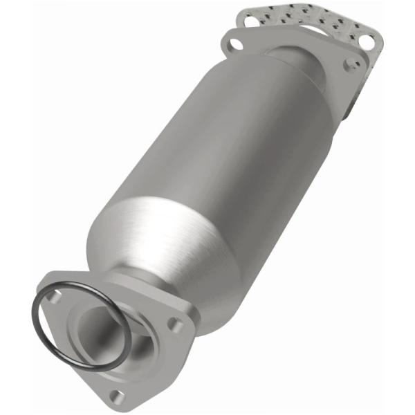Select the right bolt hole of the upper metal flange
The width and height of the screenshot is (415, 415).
tap(354, 63)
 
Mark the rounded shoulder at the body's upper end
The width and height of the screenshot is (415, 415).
tap(277, 83)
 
